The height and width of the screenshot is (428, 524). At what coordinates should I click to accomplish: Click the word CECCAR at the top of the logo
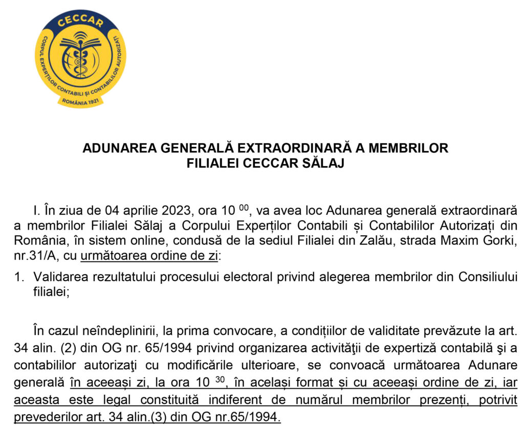click(x=81, y=22)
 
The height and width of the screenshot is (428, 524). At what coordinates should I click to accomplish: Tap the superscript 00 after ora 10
click(x=244, y=206)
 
